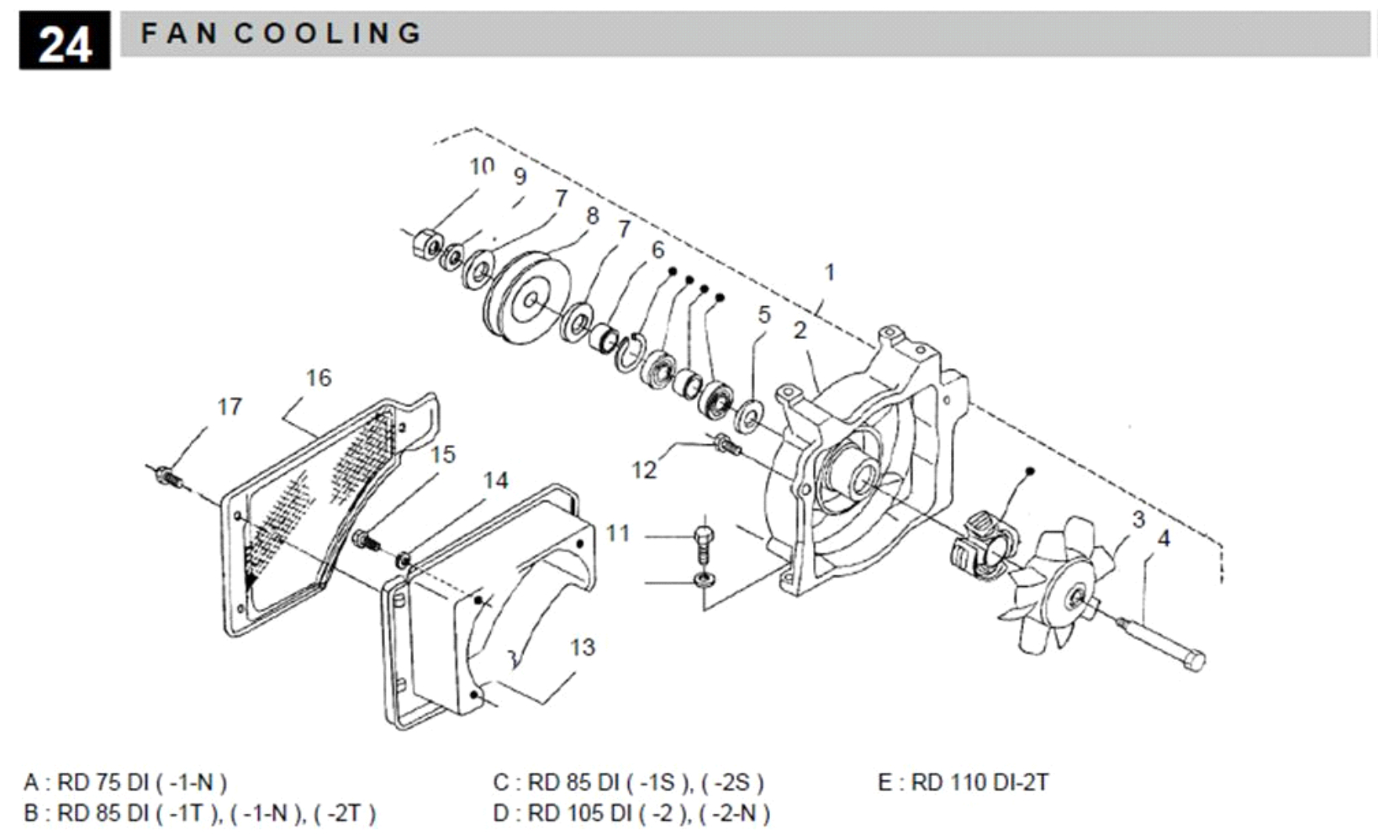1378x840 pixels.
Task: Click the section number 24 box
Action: tap(65, 40)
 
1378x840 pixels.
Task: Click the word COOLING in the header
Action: tap(328, 34)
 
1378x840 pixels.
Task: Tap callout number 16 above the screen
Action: tap(319, 378)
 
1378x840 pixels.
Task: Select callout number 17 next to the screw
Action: tap(230, 407)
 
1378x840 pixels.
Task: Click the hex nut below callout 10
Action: tap(425, 245)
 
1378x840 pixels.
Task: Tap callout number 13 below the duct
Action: tap(582, 647)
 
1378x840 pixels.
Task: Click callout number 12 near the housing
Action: tap(644, 470)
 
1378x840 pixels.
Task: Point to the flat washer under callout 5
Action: tap(746, 415)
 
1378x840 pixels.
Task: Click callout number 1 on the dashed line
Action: tap(830, 272)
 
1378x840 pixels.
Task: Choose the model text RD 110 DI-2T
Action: tap(979, 783)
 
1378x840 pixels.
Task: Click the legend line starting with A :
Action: tap(125, 783)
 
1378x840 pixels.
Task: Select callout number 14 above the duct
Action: tap(495, 480)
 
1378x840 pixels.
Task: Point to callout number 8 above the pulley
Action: tap(592, 216)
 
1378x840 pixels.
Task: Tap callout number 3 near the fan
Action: tap(1138, 520)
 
